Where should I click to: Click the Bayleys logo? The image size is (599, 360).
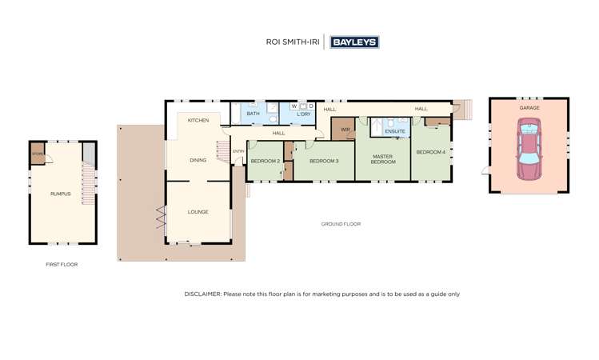click(x=354, y=42)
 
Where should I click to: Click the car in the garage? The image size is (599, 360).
click(x=529, y=148)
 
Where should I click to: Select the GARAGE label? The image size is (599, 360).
click(x=529, y=107)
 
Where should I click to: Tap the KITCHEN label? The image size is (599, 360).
click(x=198, y=120)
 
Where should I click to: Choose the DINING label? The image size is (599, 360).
click(x=198, y=160)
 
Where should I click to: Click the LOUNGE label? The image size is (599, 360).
click(x=198, y=212)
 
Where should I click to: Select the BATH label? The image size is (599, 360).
click(x=253, y=114)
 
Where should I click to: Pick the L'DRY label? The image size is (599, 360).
click(x=303, y=114)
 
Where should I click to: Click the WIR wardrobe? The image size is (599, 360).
click(x=345, y=129)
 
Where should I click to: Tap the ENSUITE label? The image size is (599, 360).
click(x=395, y=130)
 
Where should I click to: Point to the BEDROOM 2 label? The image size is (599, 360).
click(x=265, y=161)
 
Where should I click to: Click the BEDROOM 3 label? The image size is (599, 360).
click(x=324, y=161)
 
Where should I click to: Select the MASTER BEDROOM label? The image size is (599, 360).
click(x=383, y=158)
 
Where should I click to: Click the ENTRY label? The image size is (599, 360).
click(x=238, y=151)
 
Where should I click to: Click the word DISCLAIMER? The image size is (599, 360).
click(x=202, y=294)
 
